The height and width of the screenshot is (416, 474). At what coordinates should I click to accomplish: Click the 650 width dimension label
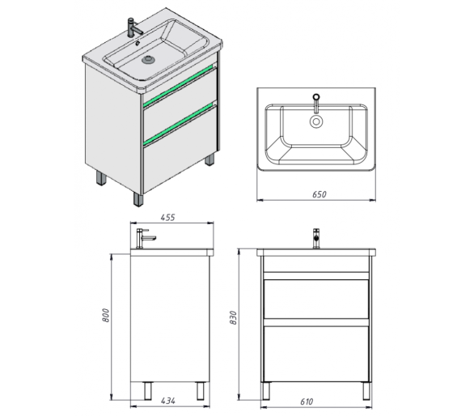point(320,194)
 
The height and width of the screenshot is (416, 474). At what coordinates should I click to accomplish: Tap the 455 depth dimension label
point(167,218)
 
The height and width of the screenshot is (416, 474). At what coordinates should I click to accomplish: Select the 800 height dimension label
point(105,316)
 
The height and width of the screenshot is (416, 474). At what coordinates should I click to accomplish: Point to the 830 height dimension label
point(233,318)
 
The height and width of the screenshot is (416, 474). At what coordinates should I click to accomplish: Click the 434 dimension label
point(167,401)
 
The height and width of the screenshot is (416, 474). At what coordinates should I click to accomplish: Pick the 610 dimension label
point(307,401)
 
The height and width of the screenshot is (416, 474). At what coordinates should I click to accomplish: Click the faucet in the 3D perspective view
point(134,28)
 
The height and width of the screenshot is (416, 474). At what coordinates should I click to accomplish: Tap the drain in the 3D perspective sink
point(148,59)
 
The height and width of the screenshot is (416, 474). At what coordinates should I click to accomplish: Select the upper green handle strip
point(180,86)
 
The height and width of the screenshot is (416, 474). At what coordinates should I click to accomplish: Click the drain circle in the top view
point(316,121)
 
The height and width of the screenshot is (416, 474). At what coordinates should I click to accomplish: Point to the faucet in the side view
point(145,239)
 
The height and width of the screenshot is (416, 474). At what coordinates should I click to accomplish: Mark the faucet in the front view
point(316,239)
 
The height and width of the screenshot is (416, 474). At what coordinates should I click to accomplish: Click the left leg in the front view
point(266,391)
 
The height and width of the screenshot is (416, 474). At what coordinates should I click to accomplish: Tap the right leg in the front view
point(366,391)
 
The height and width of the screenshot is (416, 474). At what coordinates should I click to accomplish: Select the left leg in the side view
point(148,391)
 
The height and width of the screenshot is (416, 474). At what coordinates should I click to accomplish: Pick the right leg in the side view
point(201,391)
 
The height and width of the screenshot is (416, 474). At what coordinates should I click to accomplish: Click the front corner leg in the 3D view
point(138,199)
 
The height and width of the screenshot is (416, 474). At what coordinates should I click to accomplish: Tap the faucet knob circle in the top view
point(316,97)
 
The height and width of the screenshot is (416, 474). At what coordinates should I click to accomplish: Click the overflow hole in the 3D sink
point(138,43)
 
